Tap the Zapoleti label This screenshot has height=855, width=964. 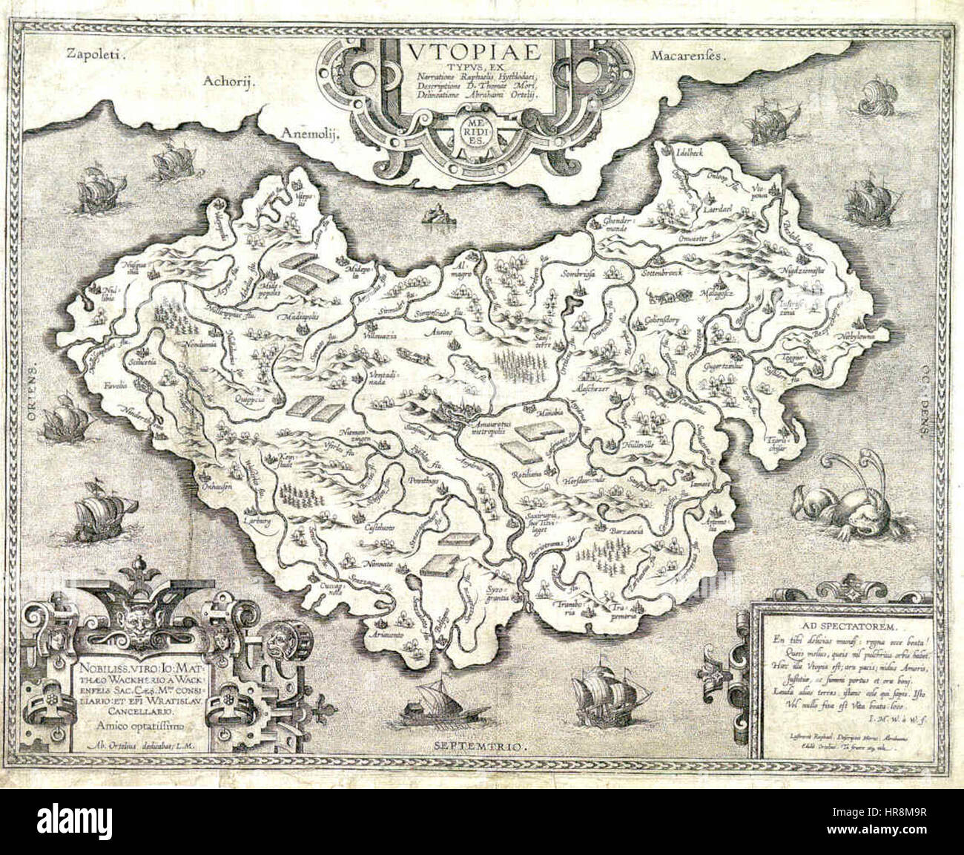[x=96, y=53]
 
